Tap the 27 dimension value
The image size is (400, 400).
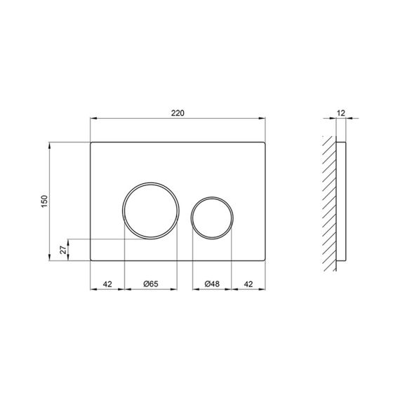pyautogui.click(x=62, y=249)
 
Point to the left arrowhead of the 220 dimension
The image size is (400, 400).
pyautogui.click(x=93, y=119)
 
